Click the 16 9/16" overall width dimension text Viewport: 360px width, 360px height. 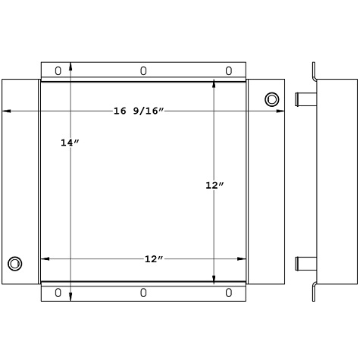(139, 111)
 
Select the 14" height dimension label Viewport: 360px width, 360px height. (70, 142)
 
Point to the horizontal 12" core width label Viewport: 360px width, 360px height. (154, 258)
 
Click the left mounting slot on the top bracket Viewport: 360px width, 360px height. (58, 70)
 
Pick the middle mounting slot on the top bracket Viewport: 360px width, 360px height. (143, 70)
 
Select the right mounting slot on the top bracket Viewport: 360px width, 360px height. (229, 70)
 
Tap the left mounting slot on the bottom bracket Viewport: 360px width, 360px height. (58, 293)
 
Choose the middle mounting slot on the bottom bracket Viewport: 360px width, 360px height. (143, 293)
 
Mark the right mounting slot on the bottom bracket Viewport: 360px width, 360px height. (229, 293)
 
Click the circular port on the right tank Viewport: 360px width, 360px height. (271, 99)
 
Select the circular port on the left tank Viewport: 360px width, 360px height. (14, 264)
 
